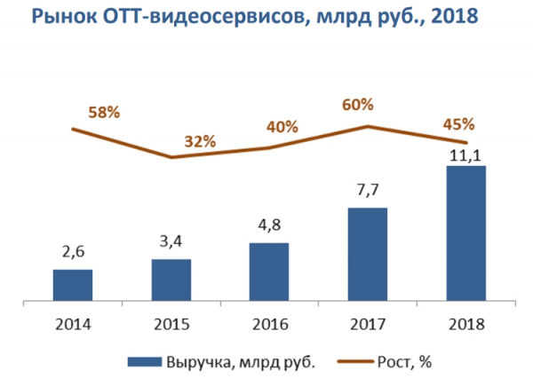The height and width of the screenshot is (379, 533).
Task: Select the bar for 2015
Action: click(x=171, y=280)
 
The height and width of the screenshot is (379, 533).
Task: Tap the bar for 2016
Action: click(x=269, y=272)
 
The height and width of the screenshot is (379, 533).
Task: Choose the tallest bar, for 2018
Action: click(x=465, y=233)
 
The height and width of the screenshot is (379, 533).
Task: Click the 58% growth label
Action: click(x=104, y=113)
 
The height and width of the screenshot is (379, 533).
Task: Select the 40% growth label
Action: click(x=282, y=127)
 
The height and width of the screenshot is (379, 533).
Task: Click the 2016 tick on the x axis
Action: click(x=269, y=325)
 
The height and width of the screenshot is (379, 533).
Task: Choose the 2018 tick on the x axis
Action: click(x=465, y=325)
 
